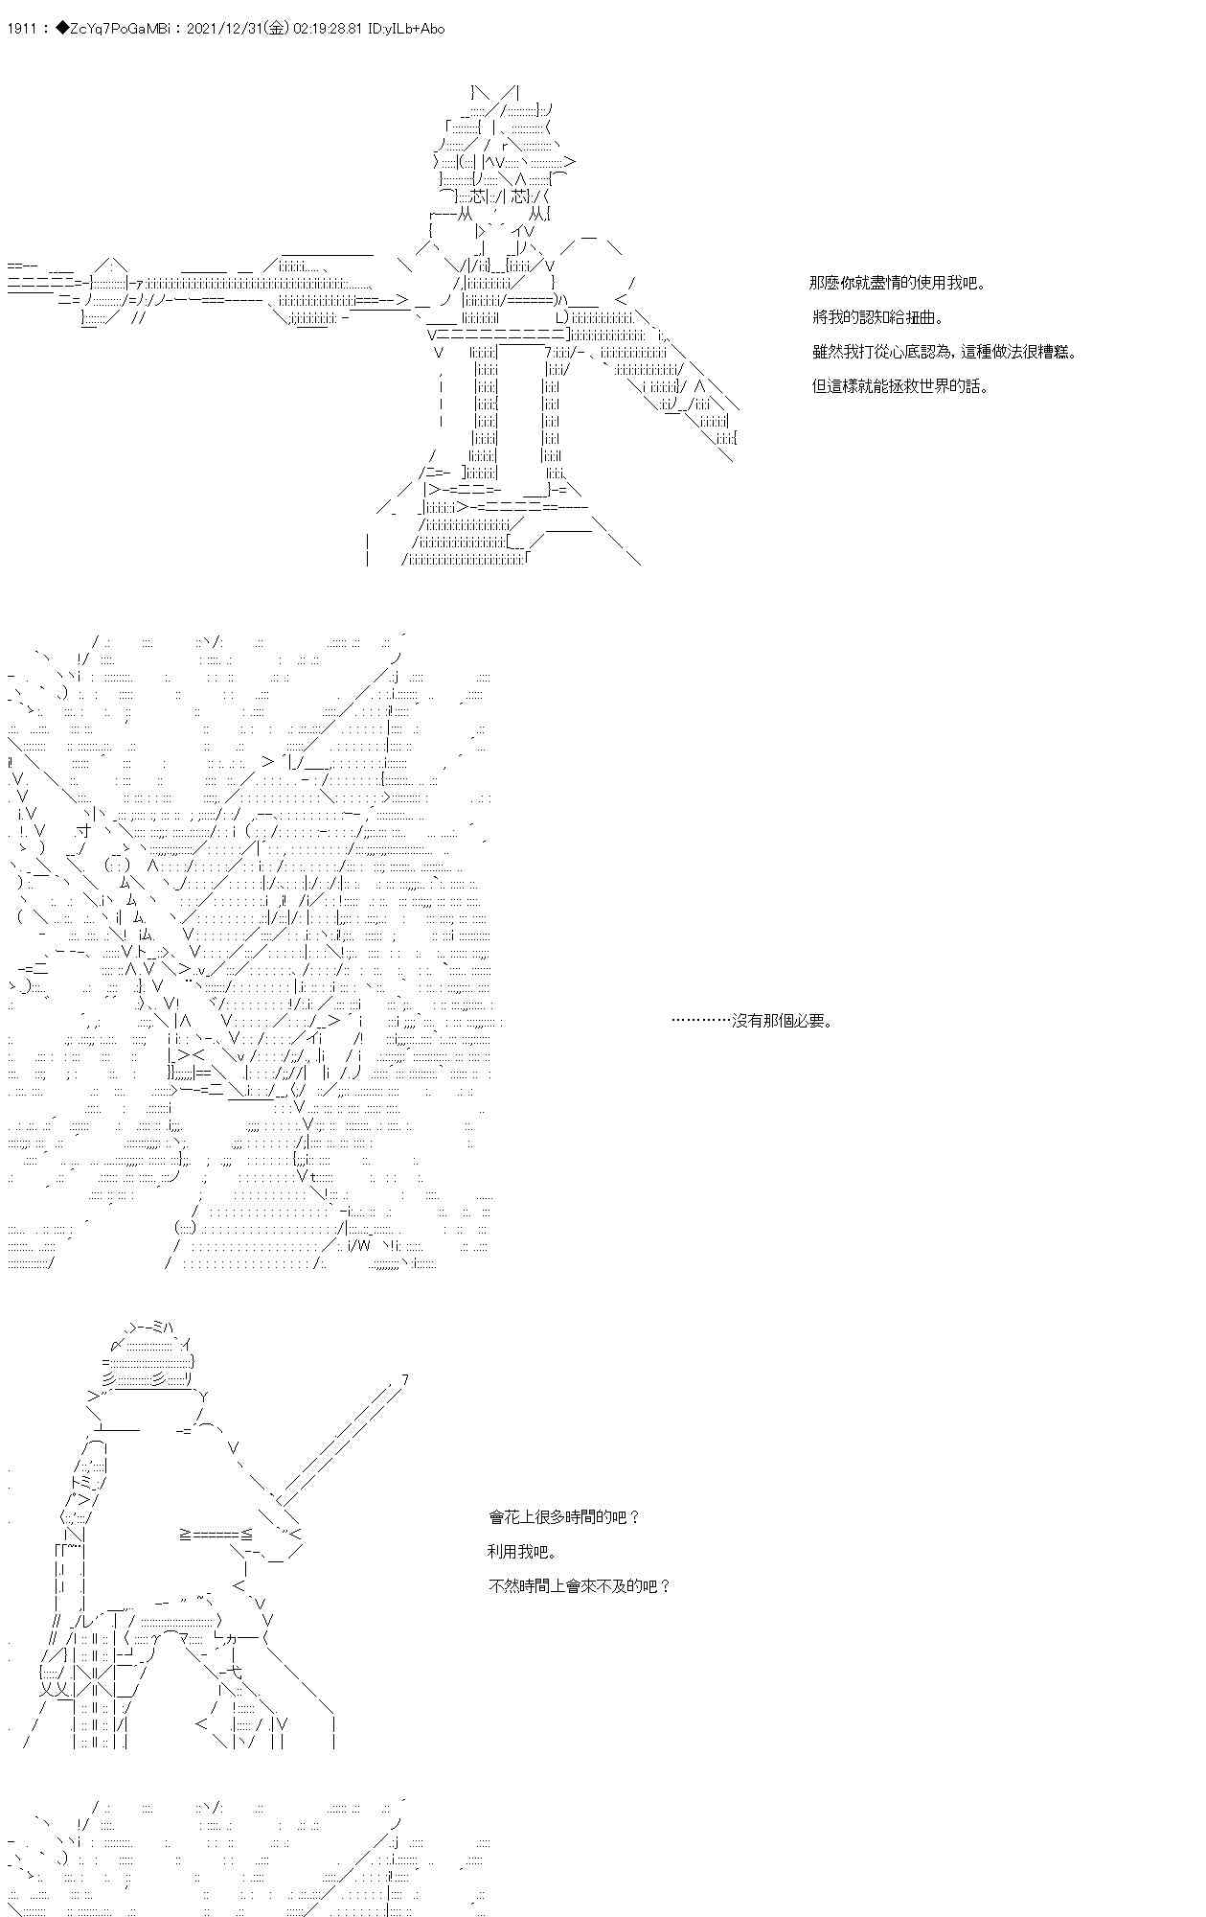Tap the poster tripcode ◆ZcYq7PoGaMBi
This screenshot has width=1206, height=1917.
[x=115, y=29]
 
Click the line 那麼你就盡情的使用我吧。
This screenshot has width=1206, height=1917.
[x=898, y=283]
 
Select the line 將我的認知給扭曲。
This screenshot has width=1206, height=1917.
[x=877, y=317]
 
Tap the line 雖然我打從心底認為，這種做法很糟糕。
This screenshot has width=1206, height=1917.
[x=944, y=352]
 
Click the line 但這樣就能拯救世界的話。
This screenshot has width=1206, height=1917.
[x=900, y=386]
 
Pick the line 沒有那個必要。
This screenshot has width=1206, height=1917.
[x=753, y=1021]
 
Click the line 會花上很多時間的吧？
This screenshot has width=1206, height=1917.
[x=564, y=1517]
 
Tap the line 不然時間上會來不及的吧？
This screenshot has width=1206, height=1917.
[x=580, y=1586]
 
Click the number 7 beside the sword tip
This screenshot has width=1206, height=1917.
[x=405, y=1380]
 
